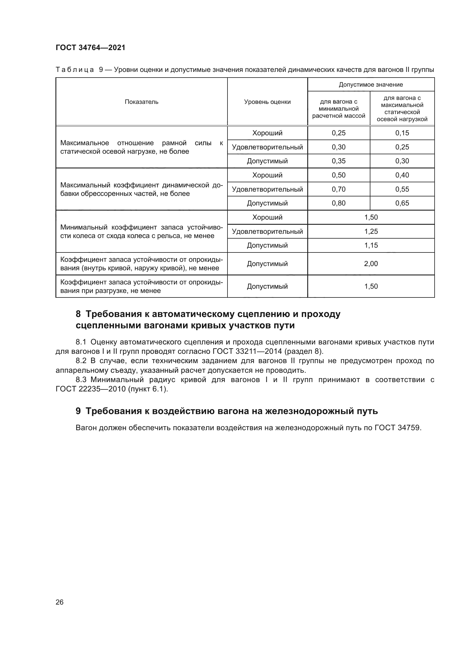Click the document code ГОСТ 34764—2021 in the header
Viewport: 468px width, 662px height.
[x=91, y=48]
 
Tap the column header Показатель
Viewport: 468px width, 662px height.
[x=141, y=102]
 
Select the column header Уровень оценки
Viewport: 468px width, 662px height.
[x=267, y=102]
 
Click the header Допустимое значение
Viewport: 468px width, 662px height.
[x=371, y=84]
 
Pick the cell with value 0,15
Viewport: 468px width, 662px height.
[x=402, y=133]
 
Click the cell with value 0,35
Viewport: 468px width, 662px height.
[x=339, y=161]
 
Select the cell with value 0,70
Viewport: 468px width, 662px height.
[x=339, y=189]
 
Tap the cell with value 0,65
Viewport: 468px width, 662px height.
[x=402, y=203]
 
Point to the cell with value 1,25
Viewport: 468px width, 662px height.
[x=371, y=231]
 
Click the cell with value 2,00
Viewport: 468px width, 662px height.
[x=371, y=263]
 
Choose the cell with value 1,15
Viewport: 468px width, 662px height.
[x=371, y=245]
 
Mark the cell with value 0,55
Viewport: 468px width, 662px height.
[x=402, y=189]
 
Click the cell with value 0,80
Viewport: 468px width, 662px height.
[x=339, y=203]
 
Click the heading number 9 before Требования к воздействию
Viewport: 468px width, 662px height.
[x=78, y=411]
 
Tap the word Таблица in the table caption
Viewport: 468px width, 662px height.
[x=75, y=70]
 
